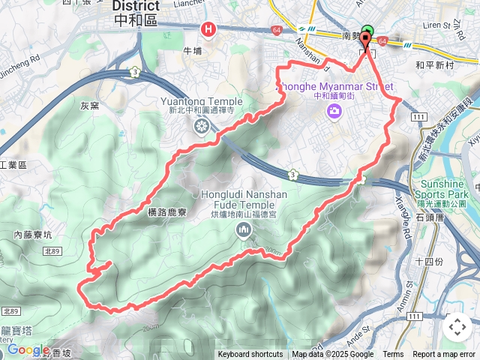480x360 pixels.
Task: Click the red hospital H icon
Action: [208, 29]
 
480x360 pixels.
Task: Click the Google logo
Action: [28, 349]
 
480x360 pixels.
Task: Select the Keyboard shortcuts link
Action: [250, 355]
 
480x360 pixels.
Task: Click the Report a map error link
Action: [445, 355]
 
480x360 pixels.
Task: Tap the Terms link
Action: [393, 355]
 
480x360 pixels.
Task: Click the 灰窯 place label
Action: [91, 106]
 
